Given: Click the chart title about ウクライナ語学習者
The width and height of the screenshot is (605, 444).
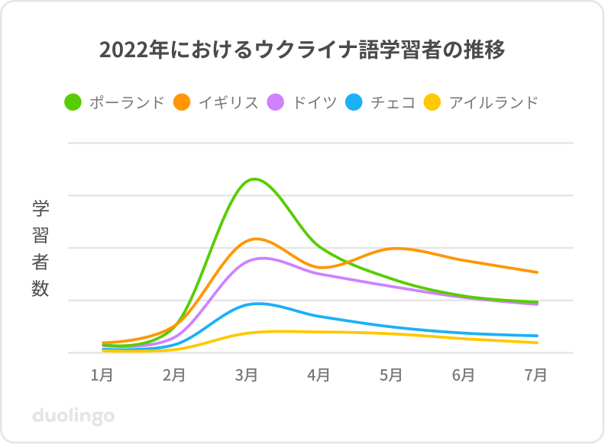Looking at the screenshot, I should click(x=302, y=51).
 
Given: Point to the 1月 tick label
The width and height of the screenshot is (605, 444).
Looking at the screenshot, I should click(x=102, y=375).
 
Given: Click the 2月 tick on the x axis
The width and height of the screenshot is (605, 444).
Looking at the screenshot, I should click(x=175, y=375).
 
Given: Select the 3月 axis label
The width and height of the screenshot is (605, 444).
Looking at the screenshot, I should click(x=247, y=375).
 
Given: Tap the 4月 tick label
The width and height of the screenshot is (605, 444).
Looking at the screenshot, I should click(x=319, y=375).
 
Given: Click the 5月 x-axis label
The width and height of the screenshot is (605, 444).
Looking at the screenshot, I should click(x=391, y=375).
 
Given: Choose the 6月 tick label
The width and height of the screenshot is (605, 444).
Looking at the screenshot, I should click(x=464, y=375).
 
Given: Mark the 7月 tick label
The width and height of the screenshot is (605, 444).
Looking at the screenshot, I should click(x=535, y=375).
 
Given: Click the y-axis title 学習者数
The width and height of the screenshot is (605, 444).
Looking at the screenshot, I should click(x=40, y=248).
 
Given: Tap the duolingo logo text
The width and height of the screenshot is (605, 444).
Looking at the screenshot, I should click(x=73, y=416).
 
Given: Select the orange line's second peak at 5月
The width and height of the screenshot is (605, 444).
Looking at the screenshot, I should click(x=396, y=248).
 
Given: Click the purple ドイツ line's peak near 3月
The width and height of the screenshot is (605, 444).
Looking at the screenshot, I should click(x=263, y=258).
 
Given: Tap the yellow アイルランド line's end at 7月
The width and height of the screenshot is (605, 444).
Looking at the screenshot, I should click(x=537, y=343).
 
